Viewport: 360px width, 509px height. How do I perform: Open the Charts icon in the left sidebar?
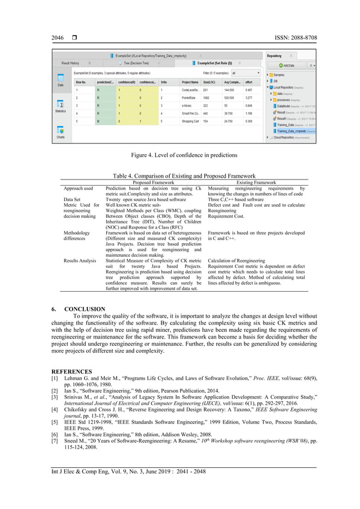click(x=60, y=133)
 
